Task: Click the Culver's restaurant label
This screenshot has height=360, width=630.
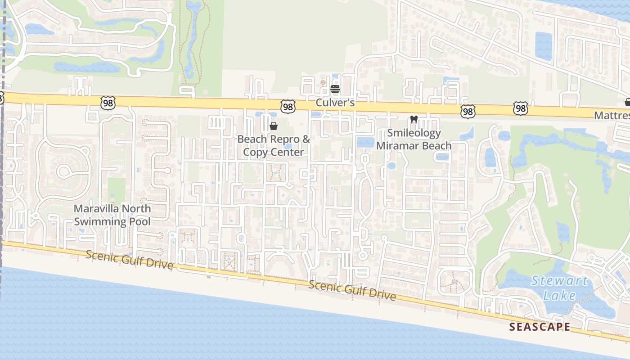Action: pos(335,103)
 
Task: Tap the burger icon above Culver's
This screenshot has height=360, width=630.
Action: pos(335,89)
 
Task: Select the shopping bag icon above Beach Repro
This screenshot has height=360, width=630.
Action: pos(273,126)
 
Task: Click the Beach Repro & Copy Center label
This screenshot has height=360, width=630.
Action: pos(274,145)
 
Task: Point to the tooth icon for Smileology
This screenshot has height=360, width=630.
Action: pos(414,120)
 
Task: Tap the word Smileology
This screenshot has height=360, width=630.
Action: pos(414,133)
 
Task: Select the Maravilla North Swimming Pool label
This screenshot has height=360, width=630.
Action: pos(112,215)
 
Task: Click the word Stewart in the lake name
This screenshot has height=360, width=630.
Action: pos(559,282)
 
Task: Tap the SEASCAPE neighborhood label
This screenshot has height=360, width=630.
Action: pos(540,327)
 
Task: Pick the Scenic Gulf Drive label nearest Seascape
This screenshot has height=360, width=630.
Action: pos(352,290)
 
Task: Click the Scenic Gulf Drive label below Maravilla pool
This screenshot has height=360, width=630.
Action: pos(129,260)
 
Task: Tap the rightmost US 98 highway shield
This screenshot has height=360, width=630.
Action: pos(520,108)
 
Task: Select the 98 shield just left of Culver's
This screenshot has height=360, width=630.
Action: pos(288,106)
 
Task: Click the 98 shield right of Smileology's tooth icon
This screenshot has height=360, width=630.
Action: pos(468,111)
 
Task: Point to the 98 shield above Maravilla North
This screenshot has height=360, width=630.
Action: pos(108,103)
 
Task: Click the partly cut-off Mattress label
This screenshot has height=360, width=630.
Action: pos(612,115)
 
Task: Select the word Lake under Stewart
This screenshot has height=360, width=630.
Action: pos(559,296)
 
